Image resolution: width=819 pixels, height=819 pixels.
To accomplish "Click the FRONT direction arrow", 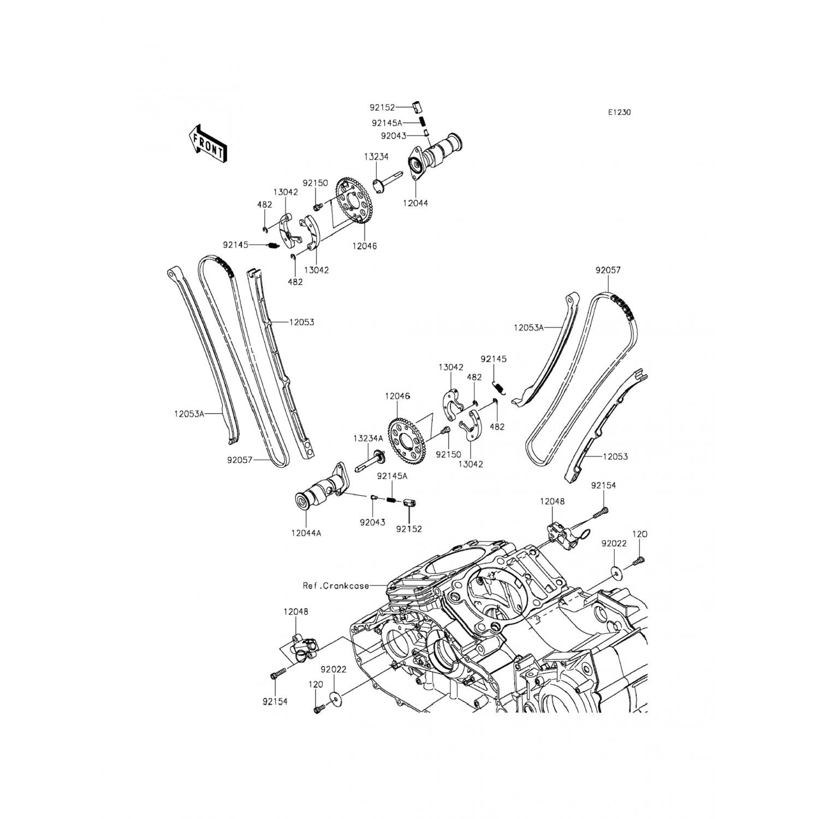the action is tap(207, 143).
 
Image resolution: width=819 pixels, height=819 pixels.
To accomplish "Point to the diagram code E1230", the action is tap(620, 112).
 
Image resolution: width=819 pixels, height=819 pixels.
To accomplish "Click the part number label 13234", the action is tap(376, 157).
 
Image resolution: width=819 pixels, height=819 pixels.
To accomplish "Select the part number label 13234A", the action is tap(367, 438).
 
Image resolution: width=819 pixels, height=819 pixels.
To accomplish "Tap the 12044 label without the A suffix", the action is tap(416, 203).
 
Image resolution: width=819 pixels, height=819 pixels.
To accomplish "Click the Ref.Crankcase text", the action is tap(336, 586).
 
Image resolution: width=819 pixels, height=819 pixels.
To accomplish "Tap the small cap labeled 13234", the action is tap(379, 185).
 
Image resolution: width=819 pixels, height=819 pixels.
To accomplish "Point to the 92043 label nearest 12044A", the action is tap(372, 522).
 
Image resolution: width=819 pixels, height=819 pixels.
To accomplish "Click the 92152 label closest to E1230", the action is tap(397, 108).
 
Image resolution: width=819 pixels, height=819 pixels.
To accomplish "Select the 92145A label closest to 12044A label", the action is tap(392, 476).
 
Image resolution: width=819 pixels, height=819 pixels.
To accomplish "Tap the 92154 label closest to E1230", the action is tap(603, 485).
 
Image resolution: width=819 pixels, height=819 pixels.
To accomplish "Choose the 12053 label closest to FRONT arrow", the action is tap(301, 322).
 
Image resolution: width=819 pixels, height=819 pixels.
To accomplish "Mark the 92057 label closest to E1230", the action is tap(608, 270).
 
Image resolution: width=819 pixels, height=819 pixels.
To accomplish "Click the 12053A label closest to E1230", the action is tap(529, 328).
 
